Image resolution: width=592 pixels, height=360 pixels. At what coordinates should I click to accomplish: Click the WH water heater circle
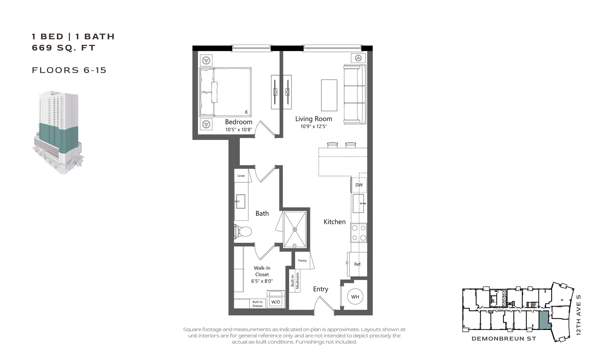click(x=355, y=297)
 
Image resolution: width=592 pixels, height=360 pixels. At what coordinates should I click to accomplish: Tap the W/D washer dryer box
click(x=275, y=302)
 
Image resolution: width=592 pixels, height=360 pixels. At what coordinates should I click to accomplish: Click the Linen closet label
click(x=241, y=176)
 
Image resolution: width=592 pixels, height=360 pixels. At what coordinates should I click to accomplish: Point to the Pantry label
click(x=302, y=260)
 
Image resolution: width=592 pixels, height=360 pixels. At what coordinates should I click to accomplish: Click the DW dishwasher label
click(x=359, y=185)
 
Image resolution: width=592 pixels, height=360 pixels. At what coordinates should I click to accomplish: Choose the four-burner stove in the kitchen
click(x=359, y=233)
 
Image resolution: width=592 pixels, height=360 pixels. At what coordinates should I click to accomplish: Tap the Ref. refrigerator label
click(x=357, y=264)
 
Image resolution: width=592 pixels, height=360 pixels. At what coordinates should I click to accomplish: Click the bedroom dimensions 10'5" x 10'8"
click(x=238, y=130)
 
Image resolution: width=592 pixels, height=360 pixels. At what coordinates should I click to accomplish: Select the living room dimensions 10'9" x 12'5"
click(x=313, y=126)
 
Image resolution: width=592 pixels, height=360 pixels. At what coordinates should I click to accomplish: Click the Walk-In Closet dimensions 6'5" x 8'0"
click(x=262, y=281)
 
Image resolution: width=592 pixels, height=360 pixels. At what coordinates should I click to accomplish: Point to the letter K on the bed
click(x=246, y=112)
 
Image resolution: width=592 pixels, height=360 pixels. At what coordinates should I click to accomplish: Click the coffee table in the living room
click(x=329, y=95)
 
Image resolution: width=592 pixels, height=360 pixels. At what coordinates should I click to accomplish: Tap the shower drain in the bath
click(x=295, y=229)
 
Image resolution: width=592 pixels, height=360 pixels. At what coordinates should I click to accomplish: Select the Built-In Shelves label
click(x=257, y=304)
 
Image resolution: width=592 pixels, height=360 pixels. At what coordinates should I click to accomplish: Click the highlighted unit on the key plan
click(x=544, y=320)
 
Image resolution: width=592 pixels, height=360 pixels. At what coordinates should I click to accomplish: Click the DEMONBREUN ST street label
click(x=504, y=339)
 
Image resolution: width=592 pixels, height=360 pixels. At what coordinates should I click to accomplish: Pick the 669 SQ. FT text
click(x=64, y=48)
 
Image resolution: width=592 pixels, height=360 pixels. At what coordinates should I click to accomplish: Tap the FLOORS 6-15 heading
click(x=69, y=70)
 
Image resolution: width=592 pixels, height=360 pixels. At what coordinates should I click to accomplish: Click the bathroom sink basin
click(x=240, y=201)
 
